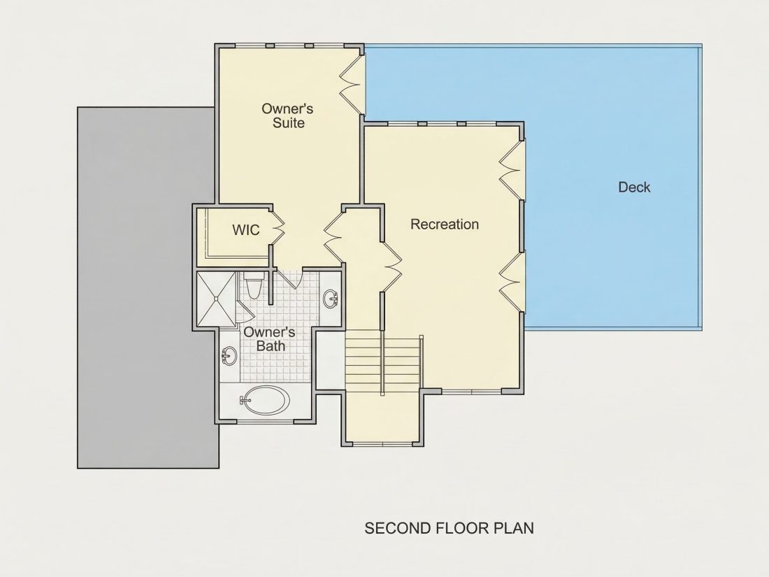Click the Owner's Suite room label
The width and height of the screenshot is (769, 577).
click(x=288, y=115)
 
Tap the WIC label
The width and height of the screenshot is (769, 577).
click(x=245, y=229)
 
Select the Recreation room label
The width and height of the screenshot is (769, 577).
click(x=445, y=225)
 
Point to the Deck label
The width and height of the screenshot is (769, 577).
click(x=634, y=187)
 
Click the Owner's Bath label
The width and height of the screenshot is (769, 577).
click(x=269, y=339)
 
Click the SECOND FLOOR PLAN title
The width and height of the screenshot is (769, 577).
click(x=450, y=528)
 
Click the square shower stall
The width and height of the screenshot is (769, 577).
click(x=216, y=299)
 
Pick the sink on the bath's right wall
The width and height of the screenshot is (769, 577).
click(x=331, y=299)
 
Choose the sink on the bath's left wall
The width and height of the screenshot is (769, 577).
click(x=229, y=355)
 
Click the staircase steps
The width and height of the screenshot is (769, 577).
click(x=382, y=361)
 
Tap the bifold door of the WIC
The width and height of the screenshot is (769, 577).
click(x=277, y=227)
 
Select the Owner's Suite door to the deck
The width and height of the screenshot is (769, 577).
click(x=352, y=82)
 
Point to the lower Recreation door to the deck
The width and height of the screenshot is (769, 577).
click(x=512, y=282)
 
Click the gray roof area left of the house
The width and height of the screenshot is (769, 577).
click(x=147, y=287)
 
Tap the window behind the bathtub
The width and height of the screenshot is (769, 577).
click(x=266, y=422)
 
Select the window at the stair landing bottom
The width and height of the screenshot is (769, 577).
click(x=382, y=445)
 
